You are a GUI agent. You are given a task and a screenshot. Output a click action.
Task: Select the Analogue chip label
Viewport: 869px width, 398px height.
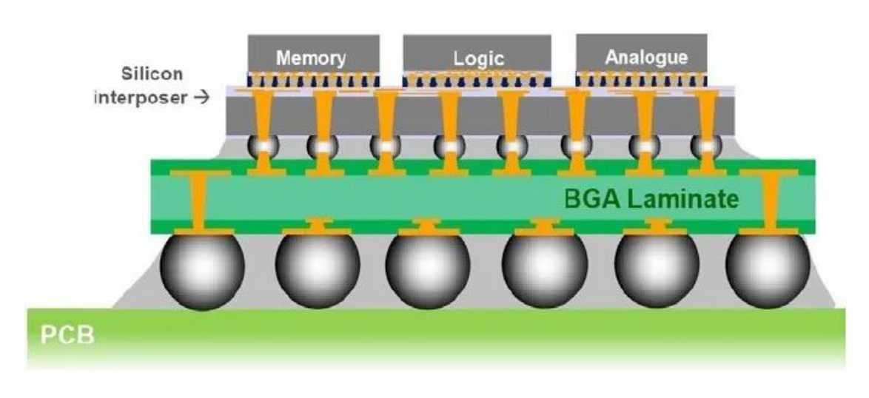tap(646, 57)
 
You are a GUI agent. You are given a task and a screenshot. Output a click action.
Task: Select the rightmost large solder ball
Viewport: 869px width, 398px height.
tap(767, 269)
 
